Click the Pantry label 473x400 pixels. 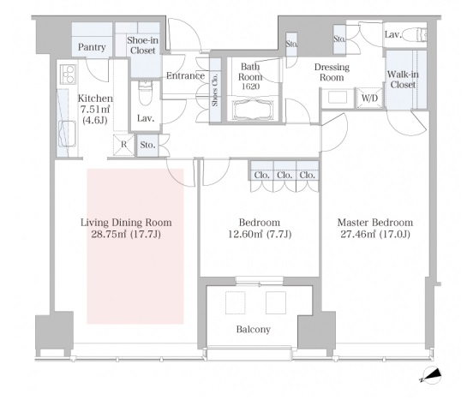(x=92, y=47)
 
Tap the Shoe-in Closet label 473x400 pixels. (x=143, y=45)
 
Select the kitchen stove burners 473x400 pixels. (x=69, y=75)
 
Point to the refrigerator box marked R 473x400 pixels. (x=123, y=145)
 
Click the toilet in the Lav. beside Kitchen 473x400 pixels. (x=146, y=93)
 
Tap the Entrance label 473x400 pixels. (x=186, y=75)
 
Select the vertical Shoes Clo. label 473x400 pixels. (x=215, y=90)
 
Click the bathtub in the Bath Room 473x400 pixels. (x=252, y=110)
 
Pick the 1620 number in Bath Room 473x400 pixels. (x=251, y=87)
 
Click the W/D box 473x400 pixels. (x=369, y=98)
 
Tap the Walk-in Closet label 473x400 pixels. (x=403, y=80)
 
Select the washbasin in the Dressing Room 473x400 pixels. (x=338, y=98)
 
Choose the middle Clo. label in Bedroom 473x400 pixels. (x=284, y=175)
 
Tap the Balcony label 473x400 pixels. (x=253, y=329)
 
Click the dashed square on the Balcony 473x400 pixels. (x=236, y=302)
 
